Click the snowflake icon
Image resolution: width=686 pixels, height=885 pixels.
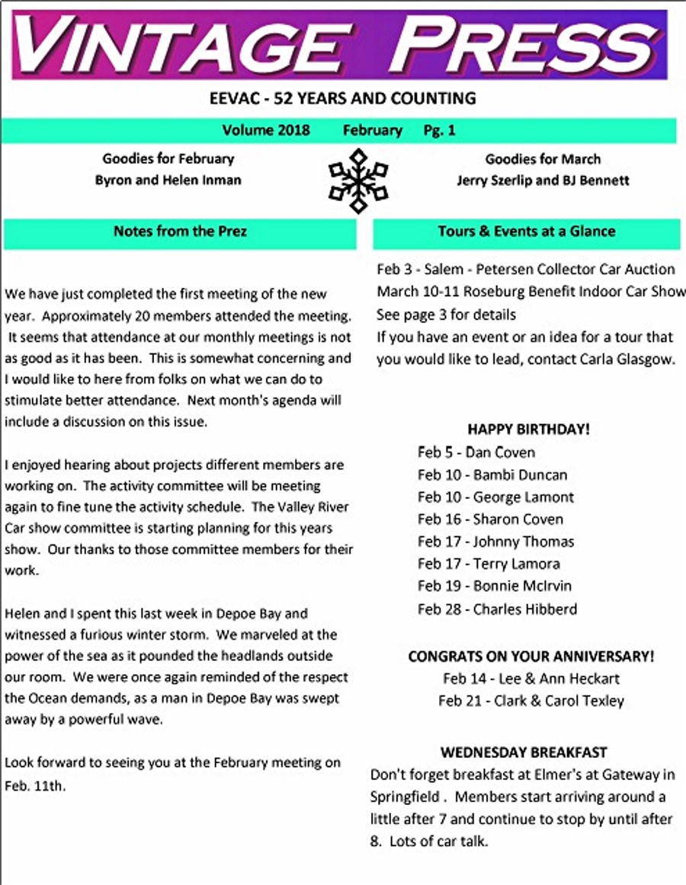[357, 181]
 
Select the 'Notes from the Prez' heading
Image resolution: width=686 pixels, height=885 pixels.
[180, 231]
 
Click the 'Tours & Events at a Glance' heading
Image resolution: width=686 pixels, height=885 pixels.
[526, 231]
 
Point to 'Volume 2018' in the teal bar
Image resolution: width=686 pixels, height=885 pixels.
[266, 130]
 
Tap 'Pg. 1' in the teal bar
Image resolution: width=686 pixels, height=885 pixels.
[439, 130]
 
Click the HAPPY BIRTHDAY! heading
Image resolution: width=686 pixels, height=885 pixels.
[528, 429]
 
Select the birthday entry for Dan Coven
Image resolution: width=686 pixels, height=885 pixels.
[476, 452]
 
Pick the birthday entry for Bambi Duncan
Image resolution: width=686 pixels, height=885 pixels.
[492, 474]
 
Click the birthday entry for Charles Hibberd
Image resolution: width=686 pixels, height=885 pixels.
[497, 609]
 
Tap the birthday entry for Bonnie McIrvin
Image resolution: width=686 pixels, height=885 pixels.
[494, 586]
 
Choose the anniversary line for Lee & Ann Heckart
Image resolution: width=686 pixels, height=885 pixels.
[531, 679]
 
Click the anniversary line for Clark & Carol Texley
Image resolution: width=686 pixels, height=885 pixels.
[531, 701]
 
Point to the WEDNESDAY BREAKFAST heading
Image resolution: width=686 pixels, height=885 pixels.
[524, 752]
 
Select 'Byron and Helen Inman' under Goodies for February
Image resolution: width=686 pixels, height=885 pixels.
[168, 181]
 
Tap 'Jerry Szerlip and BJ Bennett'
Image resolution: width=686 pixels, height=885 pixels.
[543, 181]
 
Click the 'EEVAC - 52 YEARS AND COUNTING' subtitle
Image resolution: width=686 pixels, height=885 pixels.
[342, 98]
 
